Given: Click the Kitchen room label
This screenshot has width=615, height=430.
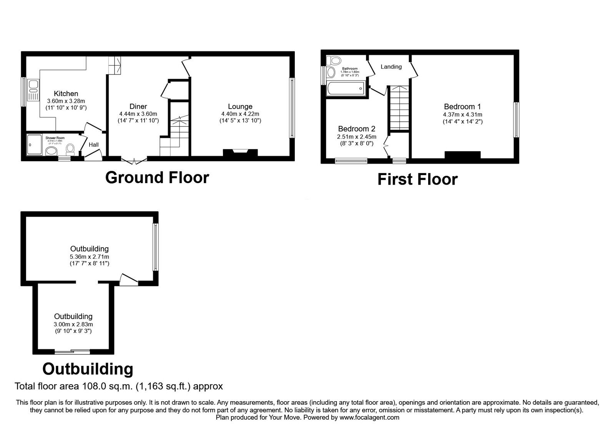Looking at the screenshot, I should (x=66, y=93).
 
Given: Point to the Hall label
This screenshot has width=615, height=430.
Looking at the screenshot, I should (x=93, y=145).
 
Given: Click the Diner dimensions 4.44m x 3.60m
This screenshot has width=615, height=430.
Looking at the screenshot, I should (x=138, y=114).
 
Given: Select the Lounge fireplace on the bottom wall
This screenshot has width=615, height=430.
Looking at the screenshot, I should (x=240, y=152).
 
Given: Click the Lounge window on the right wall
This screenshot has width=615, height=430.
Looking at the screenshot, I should (x=292, y=108).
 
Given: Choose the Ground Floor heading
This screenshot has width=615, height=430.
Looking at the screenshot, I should (x=157, y=177).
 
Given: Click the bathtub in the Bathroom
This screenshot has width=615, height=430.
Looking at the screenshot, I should (x=345, y=89).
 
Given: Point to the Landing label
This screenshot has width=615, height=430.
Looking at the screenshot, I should (x=391, y=67).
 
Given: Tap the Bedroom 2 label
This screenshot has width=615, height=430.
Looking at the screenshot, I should (x=356, y=129).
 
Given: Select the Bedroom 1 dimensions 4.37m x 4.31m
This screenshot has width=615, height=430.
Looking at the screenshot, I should (x=462, y=114).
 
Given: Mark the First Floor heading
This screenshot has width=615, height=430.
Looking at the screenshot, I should (x=417, y=179).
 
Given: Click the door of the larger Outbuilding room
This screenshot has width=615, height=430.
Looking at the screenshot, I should (x=129, y=279).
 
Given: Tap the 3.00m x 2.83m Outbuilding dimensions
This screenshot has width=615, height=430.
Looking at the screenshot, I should (x=73, y=324).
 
